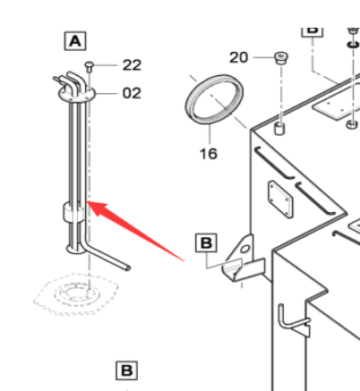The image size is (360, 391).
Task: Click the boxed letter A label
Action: pyautogui.click(x=75, y=41)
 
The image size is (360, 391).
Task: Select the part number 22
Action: pyautogui.click(x=132, y=65)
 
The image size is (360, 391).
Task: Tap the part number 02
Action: pyautogui.click(x=132, y=93)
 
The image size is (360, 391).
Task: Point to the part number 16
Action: pyautogui.click(x=209, y=154)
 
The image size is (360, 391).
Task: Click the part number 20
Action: pyautogui.click(x=238, y=57)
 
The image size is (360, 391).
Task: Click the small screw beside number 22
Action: pyautogui.click(x=90, y=67)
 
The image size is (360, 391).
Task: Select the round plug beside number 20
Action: pyautogui.click(x=281, y=58)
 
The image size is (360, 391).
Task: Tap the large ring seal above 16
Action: pyautogui.click(x=214, y=99)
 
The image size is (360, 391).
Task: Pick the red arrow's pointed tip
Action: pyautogui.click(x=87, y=202)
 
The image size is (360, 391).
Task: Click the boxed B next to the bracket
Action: pyautogui.click(x=206, y=243)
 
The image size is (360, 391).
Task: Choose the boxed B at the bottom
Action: pyautogui.click(x=127, y=370)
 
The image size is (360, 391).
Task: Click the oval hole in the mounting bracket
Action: pyautogui.click(x=245, y=249)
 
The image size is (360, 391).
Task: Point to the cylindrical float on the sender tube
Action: pyautogui.click(x=73, y=212)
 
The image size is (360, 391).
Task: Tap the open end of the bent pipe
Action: pyautogui.click(x=128, y=268)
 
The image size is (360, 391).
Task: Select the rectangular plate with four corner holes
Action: pyautogui.click(x=280, y=200)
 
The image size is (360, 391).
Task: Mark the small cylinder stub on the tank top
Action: pyautogui.click(x=279, y=129)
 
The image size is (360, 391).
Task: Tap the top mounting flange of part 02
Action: pyautogui.click(x=77, y=94)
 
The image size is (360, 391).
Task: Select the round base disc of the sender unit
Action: pyautogui.click(x=76, y=249)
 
